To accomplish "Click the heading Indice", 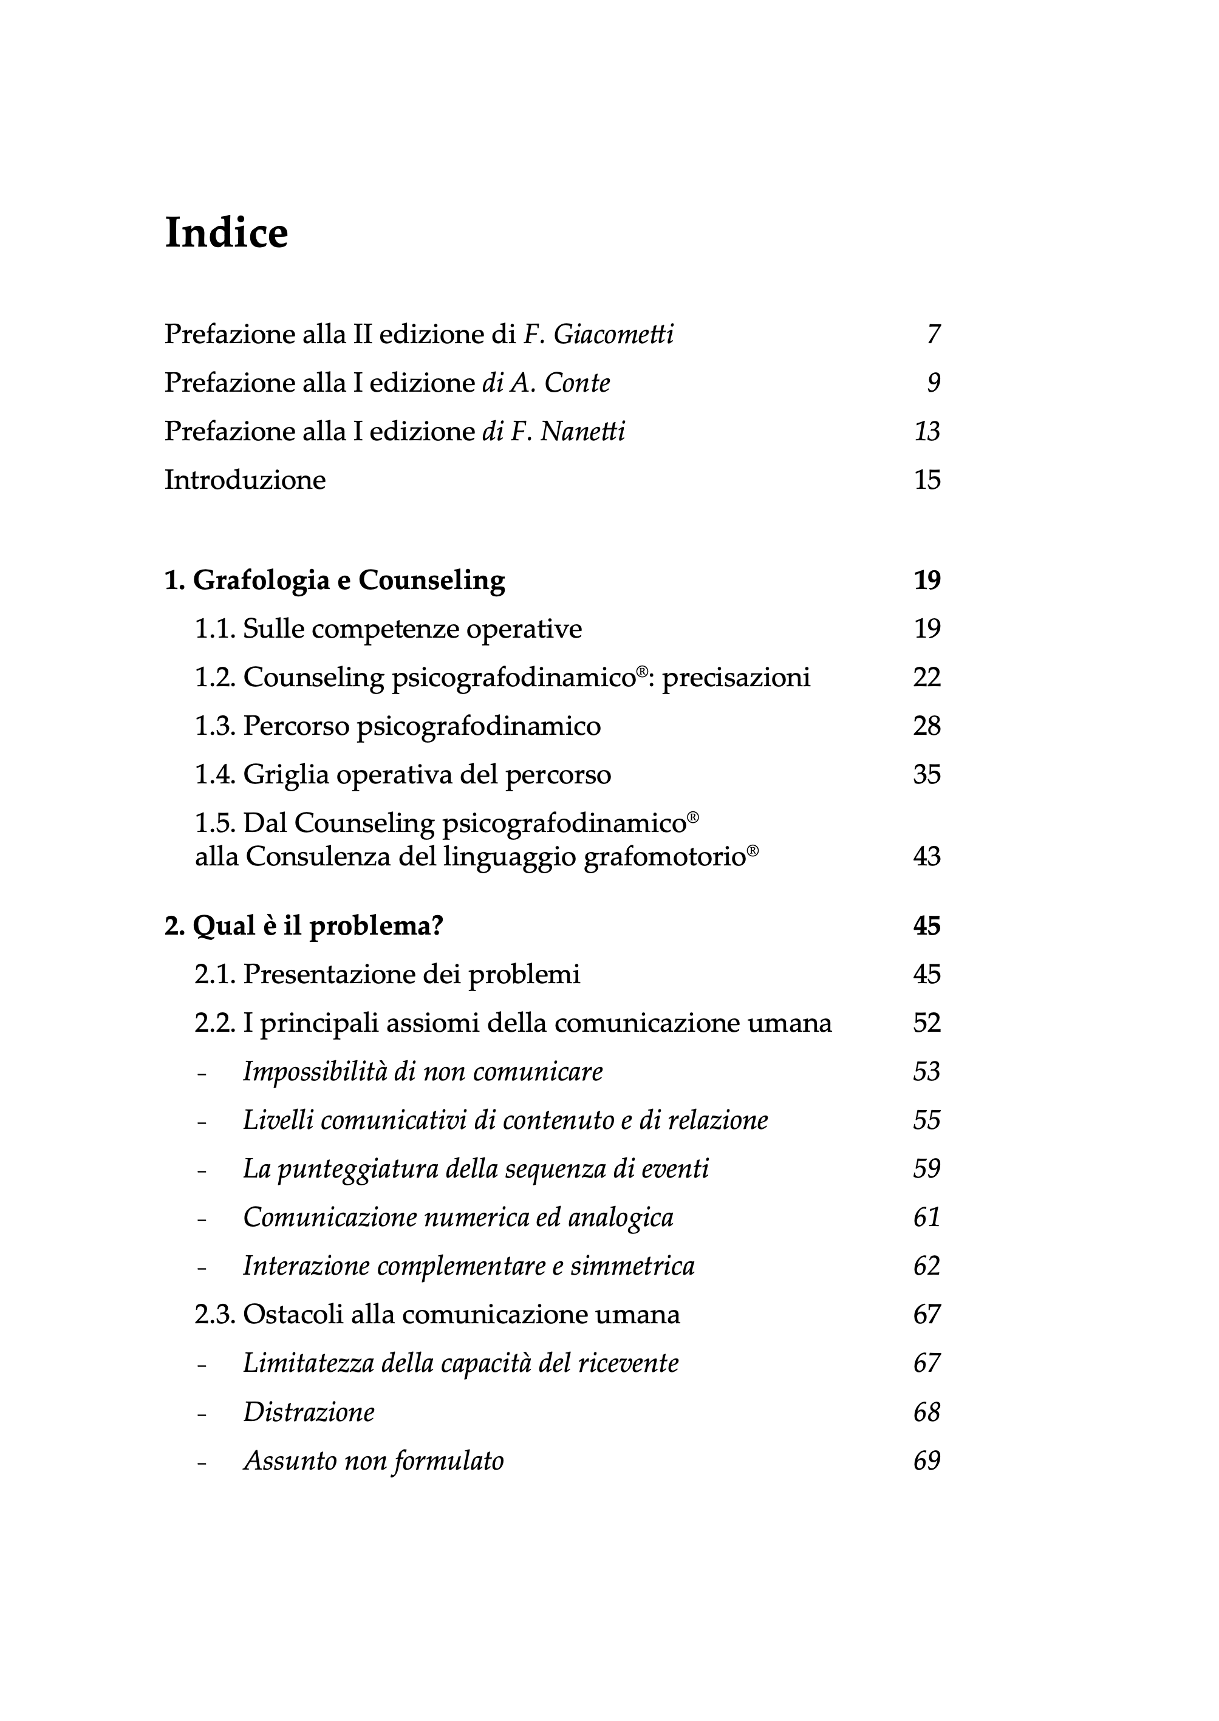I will click(x=226, y=233).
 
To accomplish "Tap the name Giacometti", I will click(x=613, y=334).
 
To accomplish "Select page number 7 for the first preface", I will click(x=934, y=334).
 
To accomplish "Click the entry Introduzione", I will click(x=245, y=480).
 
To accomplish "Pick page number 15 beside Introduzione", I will click(x=927, y=480).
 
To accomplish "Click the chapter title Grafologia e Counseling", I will click(x=349, y=580).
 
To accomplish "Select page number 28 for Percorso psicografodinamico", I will click(x=927, y=726).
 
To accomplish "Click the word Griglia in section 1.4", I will click(x=286, y=775).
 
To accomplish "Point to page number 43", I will click(x=927, y=856).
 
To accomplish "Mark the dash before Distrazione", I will click(x=201, y=1413).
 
